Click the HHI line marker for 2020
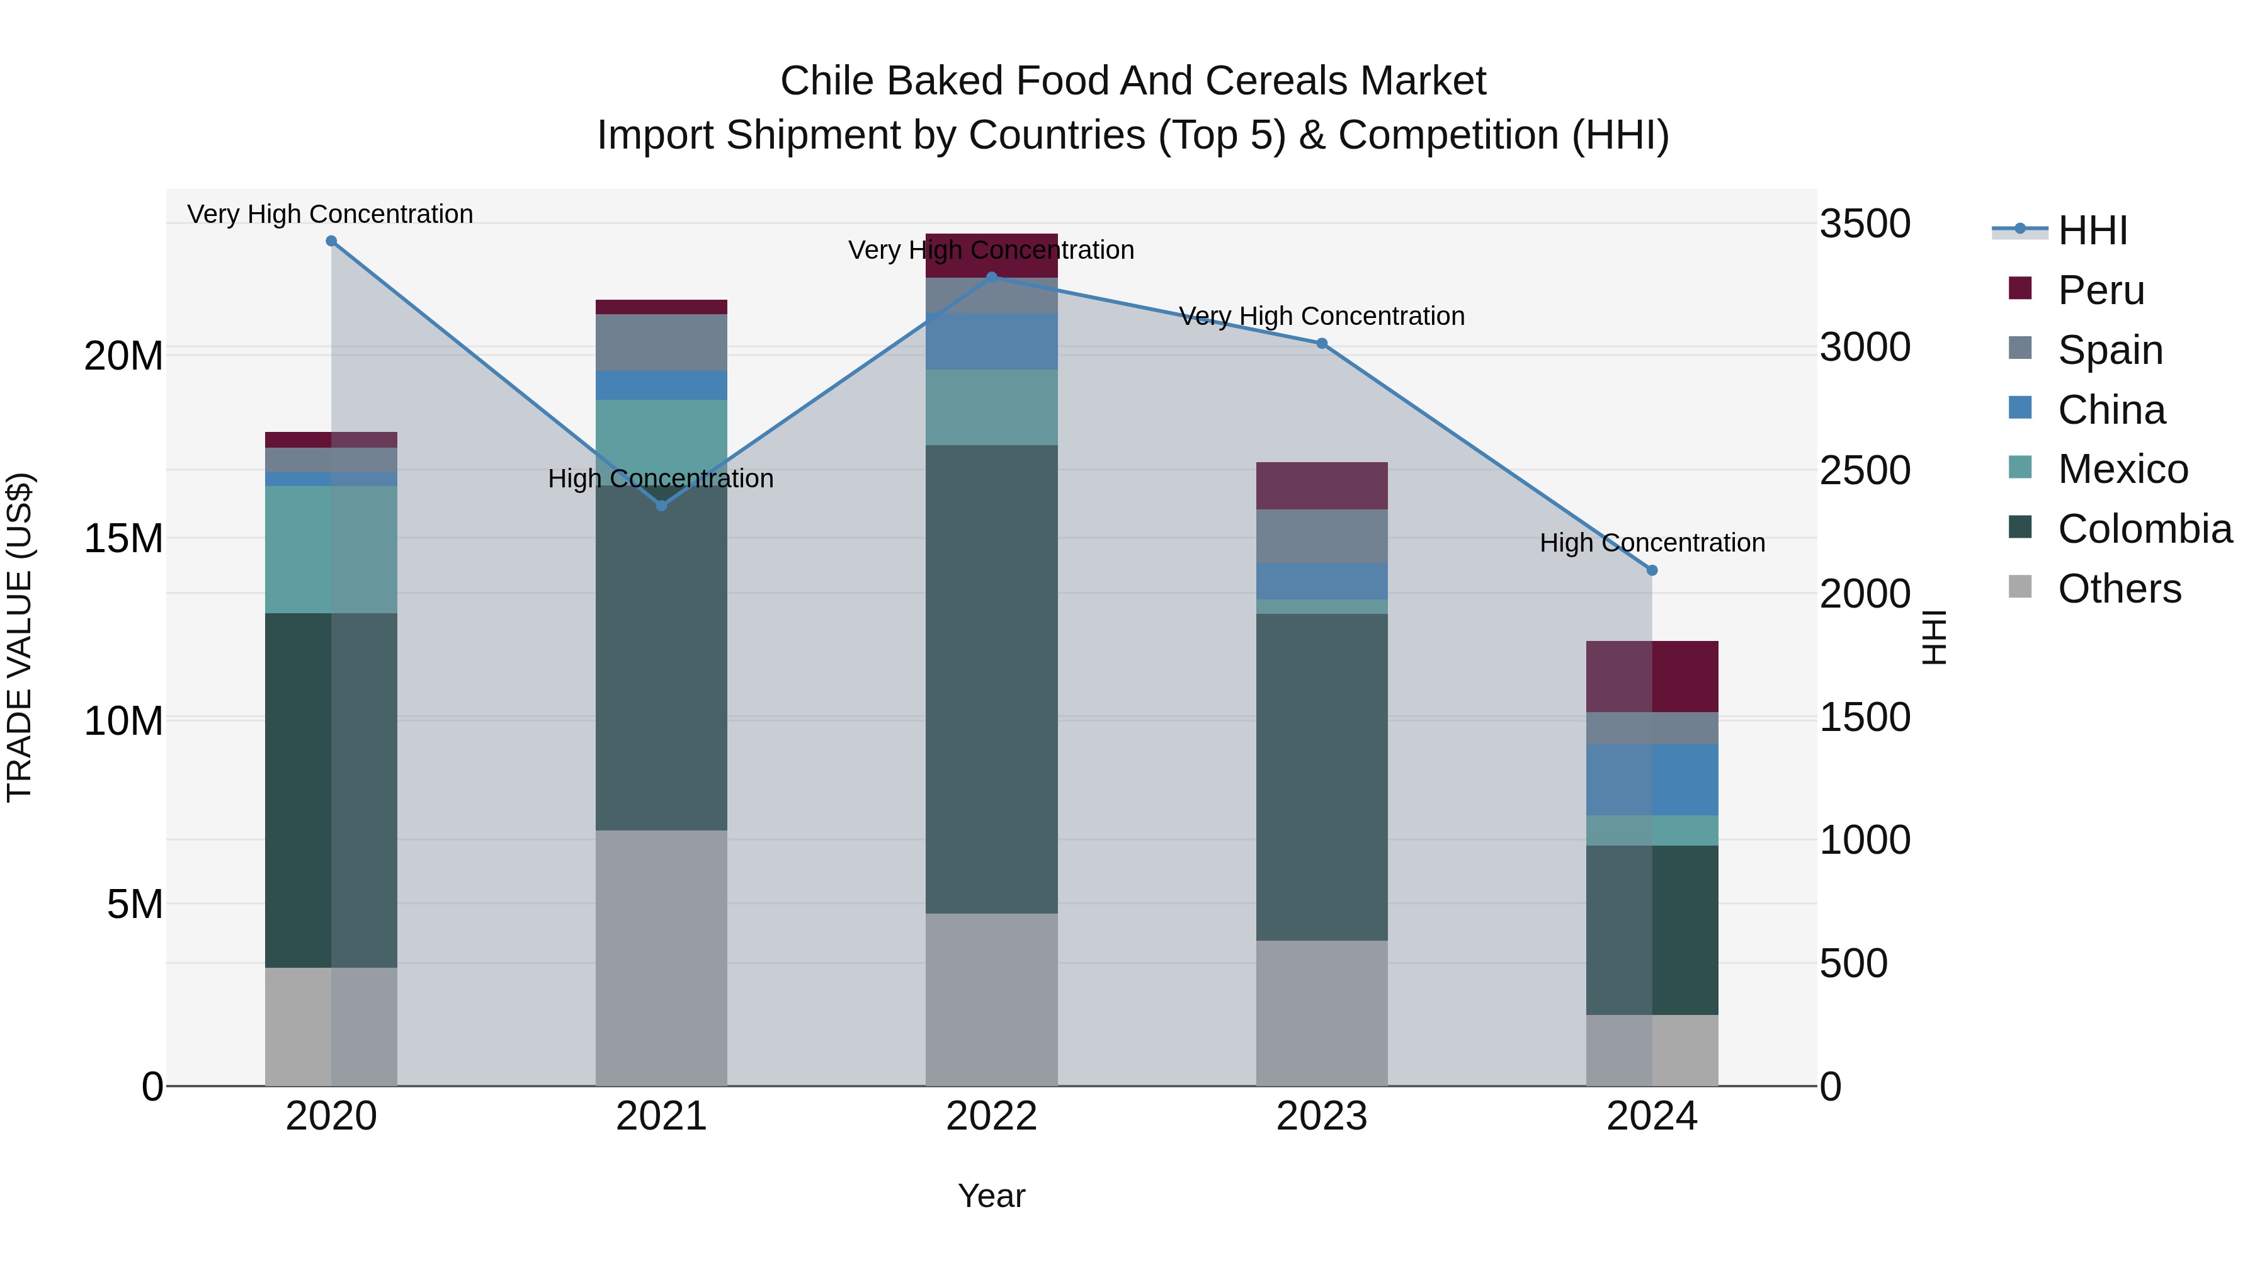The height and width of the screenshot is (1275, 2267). (x=331, y=241)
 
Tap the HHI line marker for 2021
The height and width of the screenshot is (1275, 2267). (x=662, y=506)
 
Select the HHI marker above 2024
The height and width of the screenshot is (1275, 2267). (x=1652, y=570)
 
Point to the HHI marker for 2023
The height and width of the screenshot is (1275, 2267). (x=1322, y=344)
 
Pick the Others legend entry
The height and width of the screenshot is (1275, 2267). (x=2118, y=589)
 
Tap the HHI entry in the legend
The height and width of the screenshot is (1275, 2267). (x=2092, y=230)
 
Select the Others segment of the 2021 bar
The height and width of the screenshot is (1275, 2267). (x=662, y=957)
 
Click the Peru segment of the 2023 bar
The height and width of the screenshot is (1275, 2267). (x=1322, y=485)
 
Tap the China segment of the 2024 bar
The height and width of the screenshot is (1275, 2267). (x=1652, y=779)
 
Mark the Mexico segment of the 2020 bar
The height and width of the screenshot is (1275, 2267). (x=331, y=549)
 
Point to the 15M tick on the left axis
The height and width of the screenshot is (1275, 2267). (x=123, y=538)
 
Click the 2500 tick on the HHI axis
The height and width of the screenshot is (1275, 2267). (x=1864, y=471)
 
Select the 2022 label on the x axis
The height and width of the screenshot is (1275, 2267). (x=992, y=1116)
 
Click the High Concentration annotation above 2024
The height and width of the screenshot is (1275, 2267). (x=1652, y=543)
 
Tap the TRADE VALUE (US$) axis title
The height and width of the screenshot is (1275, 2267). (x=20, y=637)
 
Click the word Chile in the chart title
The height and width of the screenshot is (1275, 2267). (x=827, y=81)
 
